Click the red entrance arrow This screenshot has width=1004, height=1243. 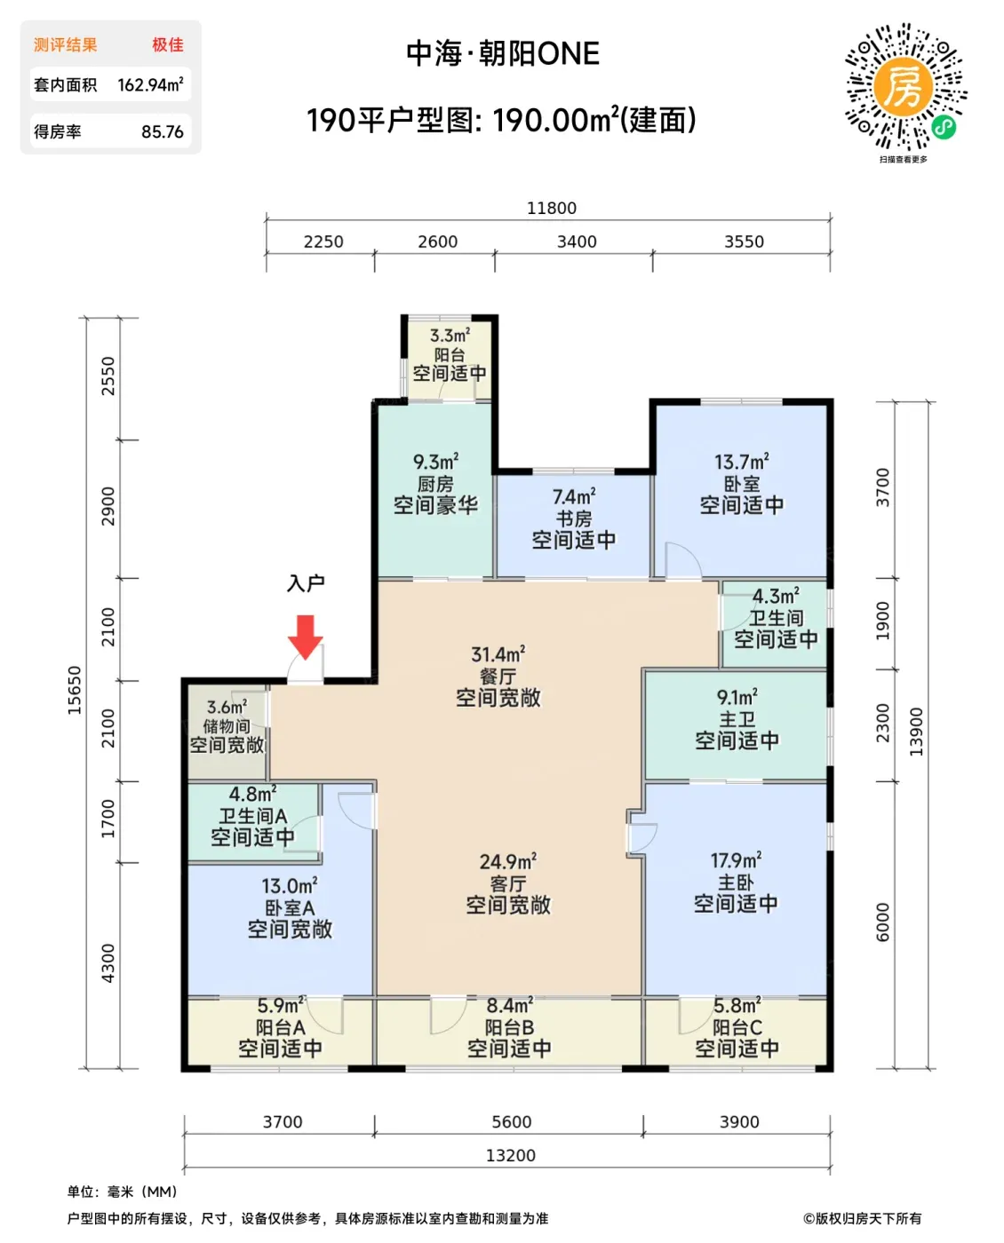(x=305, y=637)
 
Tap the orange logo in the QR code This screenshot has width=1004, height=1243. (x=903, y=88)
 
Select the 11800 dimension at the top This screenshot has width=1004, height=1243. (x=552, y=208)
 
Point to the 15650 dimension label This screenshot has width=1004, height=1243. (x=74, y=690)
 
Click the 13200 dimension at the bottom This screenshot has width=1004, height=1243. (x=511, y=1155)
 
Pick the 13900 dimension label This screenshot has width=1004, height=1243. (x=916, y=732)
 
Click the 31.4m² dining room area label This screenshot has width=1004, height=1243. (x=498, y=654)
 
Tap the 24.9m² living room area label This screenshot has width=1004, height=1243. (x=507, y=862)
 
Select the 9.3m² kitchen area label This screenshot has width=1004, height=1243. (x=435, y=462)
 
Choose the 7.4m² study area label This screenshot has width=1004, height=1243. (x=574, y=496)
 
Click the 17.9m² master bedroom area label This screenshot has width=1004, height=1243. (x=736, y=860)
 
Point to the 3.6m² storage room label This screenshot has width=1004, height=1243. (x=227, y=708)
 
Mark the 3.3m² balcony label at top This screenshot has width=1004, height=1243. (x=450, y=336)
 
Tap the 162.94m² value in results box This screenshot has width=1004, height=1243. (x=150, y=84)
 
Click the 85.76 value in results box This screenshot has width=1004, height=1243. (x=163, y=132)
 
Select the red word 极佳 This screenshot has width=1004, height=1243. (x=168, y=45)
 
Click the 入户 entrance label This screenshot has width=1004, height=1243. (x=306, y=583)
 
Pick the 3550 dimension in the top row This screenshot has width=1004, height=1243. (x=744, y=241)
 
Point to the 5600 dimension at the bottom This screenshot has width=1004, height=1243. (x=511, y=1121)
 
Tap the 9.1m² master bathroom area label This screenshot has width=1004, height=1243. (x=737, y=697)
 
